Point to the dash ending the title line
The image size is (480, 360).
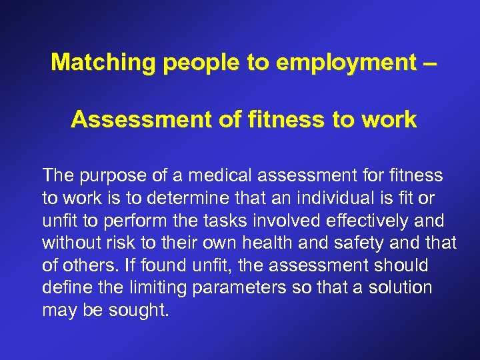[x=431, y=62]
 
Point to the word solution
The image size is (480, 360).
[x=401, y=289]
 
